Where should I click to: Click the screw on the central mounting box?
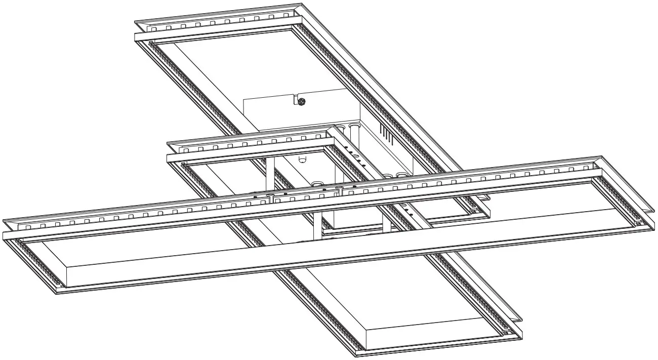point(301,102)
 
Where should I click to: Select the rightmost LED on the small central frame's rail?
point(319,137)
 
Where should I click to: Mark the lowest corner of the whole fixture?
point(357,356)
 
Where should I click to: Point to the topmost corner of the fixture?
point(303,4)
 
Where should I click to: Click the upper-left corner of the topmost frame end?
point(135,22)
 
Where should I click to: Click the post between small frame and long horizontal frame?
point(270,175)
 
